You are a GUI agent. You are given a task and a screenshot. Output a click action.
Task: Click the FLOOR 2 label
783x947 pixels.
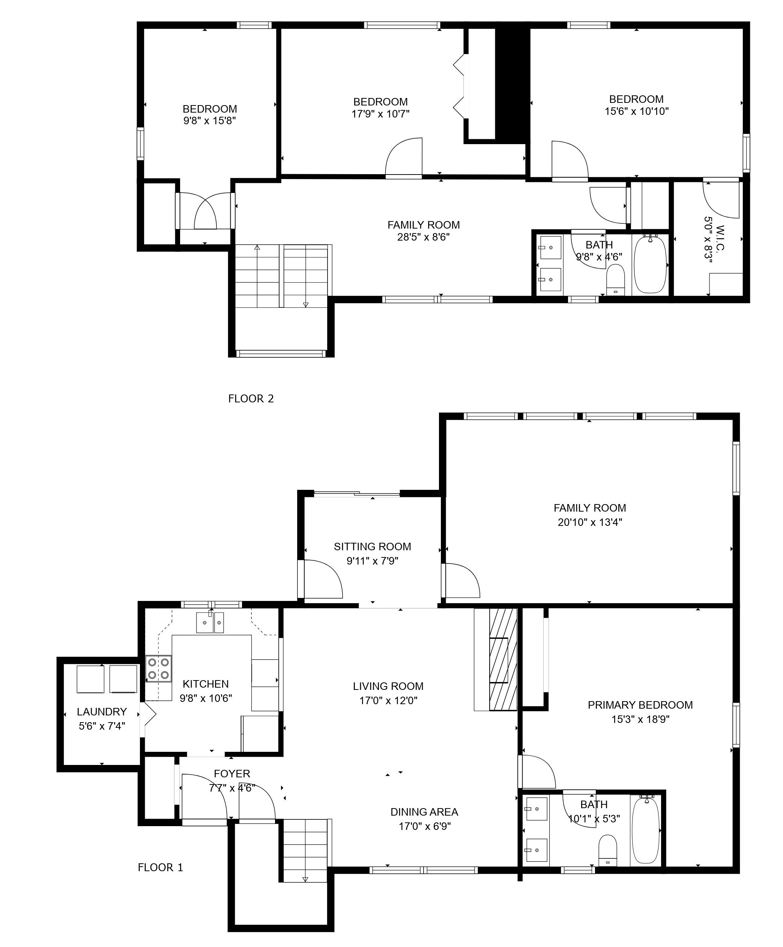click(251, 399)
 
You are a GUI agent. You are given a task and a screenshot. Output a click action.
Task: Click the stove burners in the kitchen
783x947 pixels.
click(158, 668)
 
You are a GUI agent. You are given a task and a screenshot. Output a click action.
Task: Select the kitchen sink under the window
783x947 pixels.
click(210, 622)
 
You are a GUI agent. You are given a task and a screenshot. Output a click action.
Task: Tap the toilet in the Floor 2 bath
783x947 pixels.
click(615, 280)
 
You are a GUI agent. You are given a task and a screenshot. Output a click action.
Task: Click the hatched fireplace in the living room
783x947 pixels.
click(503, 660)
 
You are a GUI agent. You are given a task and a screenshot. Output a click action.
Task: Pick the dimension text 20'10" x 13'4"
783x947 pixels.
click(590, 522)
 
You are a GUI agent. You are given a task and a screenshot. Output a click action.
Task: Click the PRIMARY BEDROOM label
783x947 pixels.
click(640, 705)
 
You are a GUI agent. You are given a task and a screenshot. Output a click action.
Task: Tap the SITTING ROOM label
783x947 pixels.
click(372, 547)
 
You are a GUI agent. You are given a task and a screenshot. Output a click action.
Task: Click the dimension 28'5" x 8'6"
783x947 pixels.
click(423, 237)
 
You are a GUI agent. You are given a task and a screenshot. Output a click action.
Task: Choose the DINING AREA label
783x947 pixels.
click(424, 812)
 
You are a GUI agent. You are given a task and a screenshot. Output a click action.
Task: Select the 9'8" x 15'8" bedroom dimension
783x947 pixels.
click(210, 121)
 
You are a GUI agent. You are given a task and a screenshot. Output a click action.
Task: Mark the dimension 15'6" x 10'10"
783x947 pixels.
click(637, 111)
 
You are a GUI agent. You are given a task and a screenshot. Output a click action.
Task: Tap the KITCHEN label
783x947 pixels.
click(206, 684)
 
